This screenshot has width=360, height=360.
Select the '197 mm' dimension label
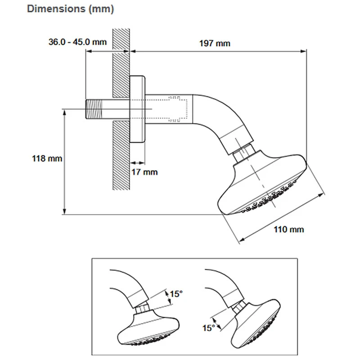(x=215, y=43)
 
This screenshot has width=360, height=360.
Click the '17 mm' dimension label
(x=145, y=172)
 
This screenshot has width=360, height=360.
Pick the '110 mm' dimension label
(x=289, y=229)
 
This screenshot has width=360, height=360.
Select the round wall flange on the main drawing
(x=138, y=109)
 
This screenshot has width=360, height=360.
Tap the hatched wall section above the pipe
(x=121, y=63)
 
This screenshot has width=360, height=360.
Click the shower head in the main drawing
(x=265, y=184)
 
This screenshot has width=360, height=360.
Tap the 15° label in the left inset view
(x=176, y=294)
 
